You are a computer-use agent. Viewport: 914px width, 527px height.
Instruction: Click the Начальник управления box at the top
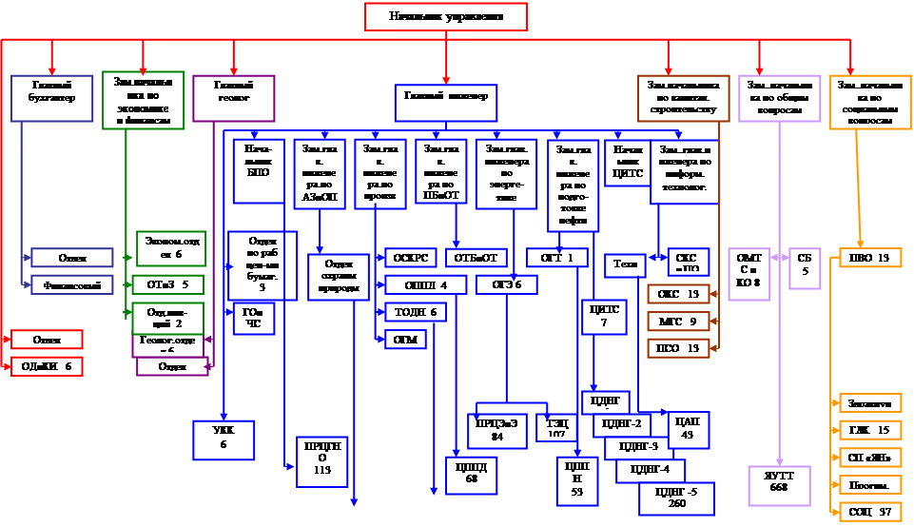point(445,17)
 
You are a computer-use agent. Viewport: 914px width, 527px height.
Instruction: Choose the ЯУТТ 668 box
point(780,481)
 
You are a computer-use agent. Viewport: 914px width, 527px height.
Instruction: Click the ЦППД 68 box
point(471,474)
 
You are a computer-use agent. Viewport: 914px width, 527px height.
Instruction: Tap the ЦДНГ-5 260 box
point(677,498)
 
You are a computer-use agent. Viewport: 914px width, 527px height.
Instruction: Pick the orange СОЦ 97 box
point(869,512)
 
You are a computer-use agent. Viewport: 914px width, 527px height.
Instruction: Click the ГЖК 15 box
point(869,430)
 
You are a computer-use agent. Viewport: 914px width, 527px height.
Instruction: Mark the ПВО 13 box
point(869,258)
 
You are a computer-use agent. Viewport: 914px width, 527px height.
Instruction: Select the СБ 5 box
point(804,263)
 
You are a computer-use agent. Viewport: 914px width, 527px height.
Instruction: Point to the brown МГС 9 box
point(679,321)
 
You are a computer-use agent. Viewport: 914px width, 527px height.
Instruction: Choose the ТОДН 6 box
point(414,312)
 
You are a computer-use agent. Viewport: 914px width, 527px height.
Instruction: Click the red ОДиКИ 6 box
point(47,365)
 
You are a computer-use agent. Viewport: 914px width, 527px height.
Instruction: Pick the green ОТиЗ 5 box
point(168,283)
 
